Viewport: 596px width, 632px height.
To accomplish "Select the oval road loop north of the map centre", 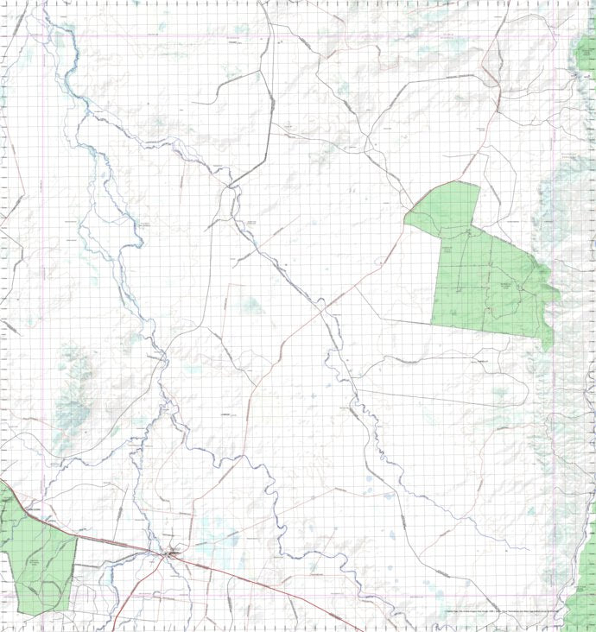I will pos(229,203).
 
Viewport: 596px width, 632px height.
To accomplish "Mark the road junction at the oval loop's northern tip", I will pos(230,185).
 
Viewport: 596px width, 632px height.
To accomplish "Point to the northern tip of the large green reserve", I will pos(478,185).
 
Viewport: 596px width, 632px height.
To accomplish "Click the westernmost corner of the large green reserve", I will pos(405,220).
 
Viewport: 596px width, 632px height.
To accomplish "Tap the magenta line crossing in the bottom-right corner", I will pos(554,595).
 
